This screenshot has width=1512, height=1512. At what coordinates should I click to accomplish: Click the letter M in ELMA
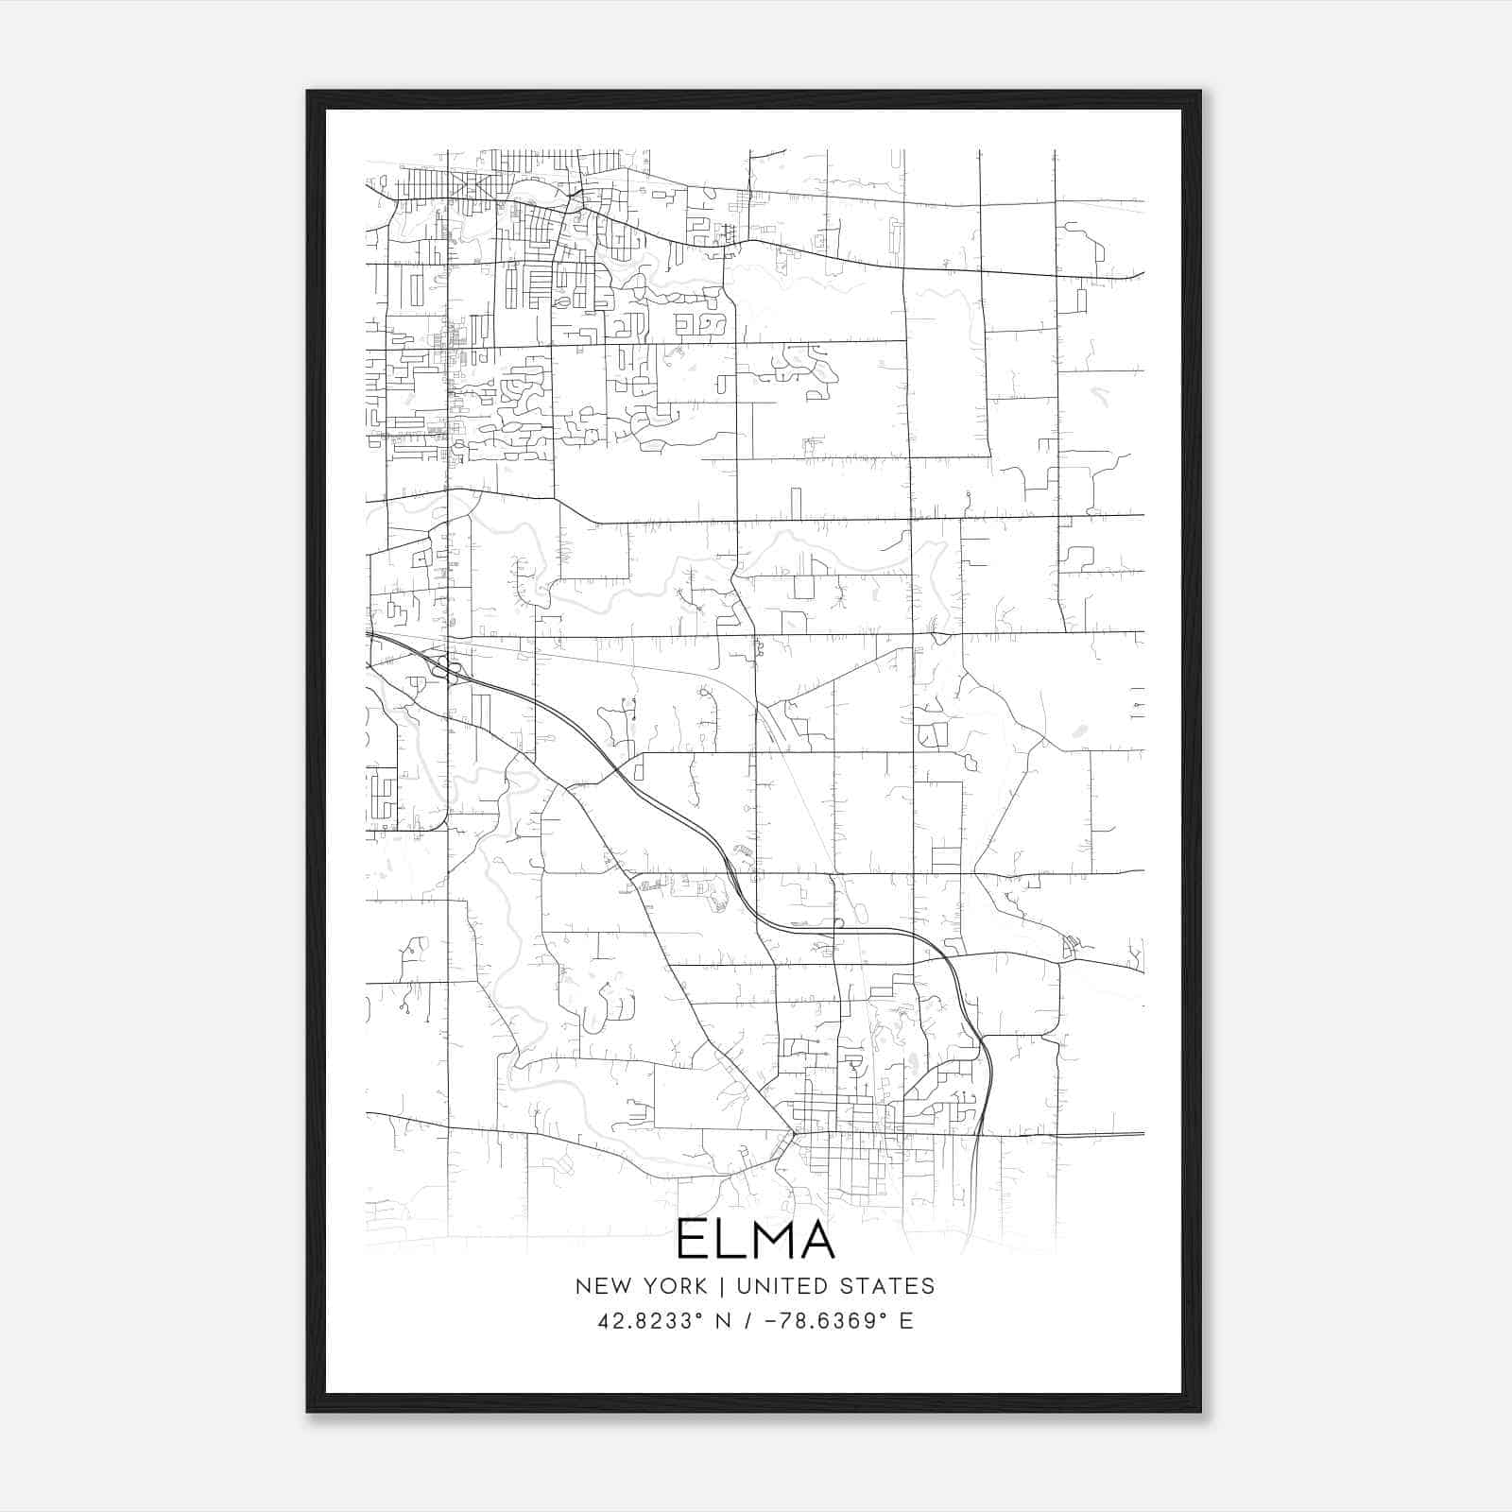pos(766,1240)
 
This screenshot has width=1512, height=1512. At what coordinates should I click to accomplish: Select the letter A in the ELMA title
pos(816,1240)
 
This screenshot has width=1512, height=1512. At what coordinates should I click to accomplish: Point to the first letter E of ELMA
pos(691,1240)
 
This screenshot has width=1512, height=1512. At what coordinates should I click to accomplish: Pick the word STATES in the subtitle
pos(888,1286)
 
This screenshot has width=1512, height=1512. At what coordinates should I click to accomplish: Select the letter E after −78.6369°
pos(906,1321)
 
